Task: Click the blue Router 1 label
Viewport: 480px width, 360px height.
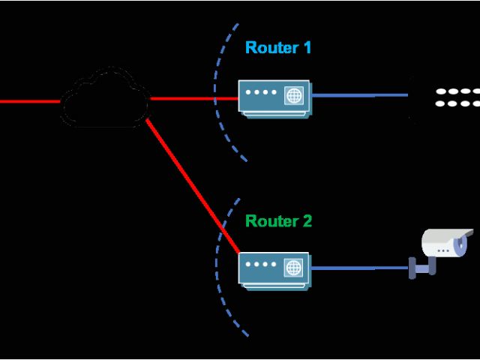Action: (x=277, y=48)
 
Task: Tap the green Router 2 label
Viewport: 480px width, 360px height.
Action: (x=278, y=221)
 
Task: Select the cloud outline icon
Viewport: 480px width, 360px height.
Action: (x=105, y=99)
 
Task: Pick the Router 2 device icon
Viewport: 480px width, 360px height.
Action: (x=274, y=268)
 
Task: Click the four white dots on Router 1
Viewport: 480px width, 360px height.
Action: (x=260, y=94)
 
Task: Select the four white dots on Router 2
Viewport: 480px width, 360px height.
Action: (x=260, y=265)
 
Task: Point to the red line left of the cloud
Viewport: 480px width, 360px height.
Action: (x=30, y=100)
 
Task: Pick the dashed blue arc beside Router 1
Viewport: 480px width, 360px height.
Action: (x=219, y=97)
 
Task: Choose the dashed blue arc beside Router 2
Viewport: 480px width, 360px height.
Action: (x=219, y=270)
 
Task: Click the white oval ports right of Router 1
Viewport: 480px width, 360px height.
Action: (x=457, y=97)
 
